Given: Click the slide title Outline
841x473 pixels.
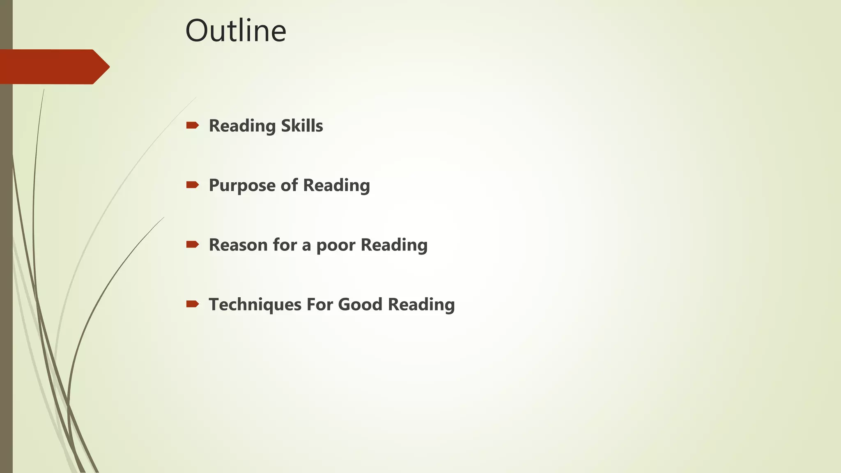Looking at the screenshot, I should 236,31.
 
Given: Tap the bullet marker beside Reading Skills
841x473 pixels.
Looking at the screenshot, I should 192,125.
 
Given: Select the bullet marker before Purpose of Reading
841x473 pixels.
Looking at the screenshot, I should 192,185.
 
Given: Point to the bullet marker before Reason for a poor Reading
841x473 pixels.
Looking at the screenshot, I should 192,244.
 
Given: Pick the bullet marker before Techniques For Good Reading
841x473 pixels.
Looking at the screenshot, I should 192,304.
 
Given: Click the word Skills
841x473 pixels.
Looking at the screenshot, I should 302,126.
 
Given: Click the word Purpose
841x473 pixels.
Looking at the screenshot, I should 242,186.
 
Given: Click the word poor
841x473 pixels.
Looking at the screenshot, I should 336,245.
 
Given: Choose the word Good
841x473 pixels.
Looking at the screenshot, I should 360,304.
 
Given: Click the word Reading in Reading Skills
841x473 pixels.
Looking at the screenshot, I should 242,126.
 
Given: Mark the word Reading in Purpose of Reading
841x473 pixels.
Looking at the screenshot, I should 336,186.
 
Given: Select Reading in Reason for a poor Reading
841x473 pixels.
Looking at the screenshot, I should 394,245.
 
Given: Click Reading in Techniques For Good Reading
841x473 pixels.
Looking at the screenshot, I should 421,305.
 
